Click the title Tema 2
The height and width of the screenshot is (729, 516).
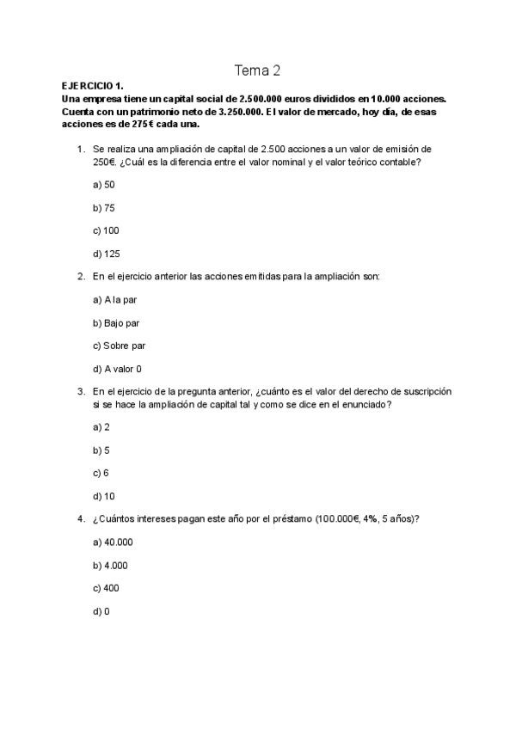coord(257,70)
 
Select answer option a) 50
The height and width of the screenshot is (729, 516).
coord(103,185)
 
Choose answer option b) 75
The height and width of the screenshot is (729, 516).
coord(103,208)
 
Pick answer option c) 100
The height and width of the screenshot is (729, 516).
coord(106,230)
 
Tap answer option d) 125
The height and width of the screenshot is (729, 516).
coord(106,254)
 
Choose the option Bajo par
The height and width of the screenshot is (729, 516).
coord(116,323)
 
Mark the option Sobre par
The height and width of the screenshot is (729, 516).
coord(119,346)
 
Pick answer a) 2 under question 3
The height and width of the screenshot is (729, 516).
coord(101,427)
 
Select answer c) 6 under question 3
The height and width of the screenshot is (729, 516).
coord(101,473)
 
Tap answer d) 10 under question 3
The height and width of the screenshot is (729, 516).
coord(103,496)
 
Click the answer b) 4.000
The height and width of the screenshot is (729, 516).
coord(110,566)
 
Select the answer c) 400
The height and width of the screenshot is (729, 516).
coord(106,588)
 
